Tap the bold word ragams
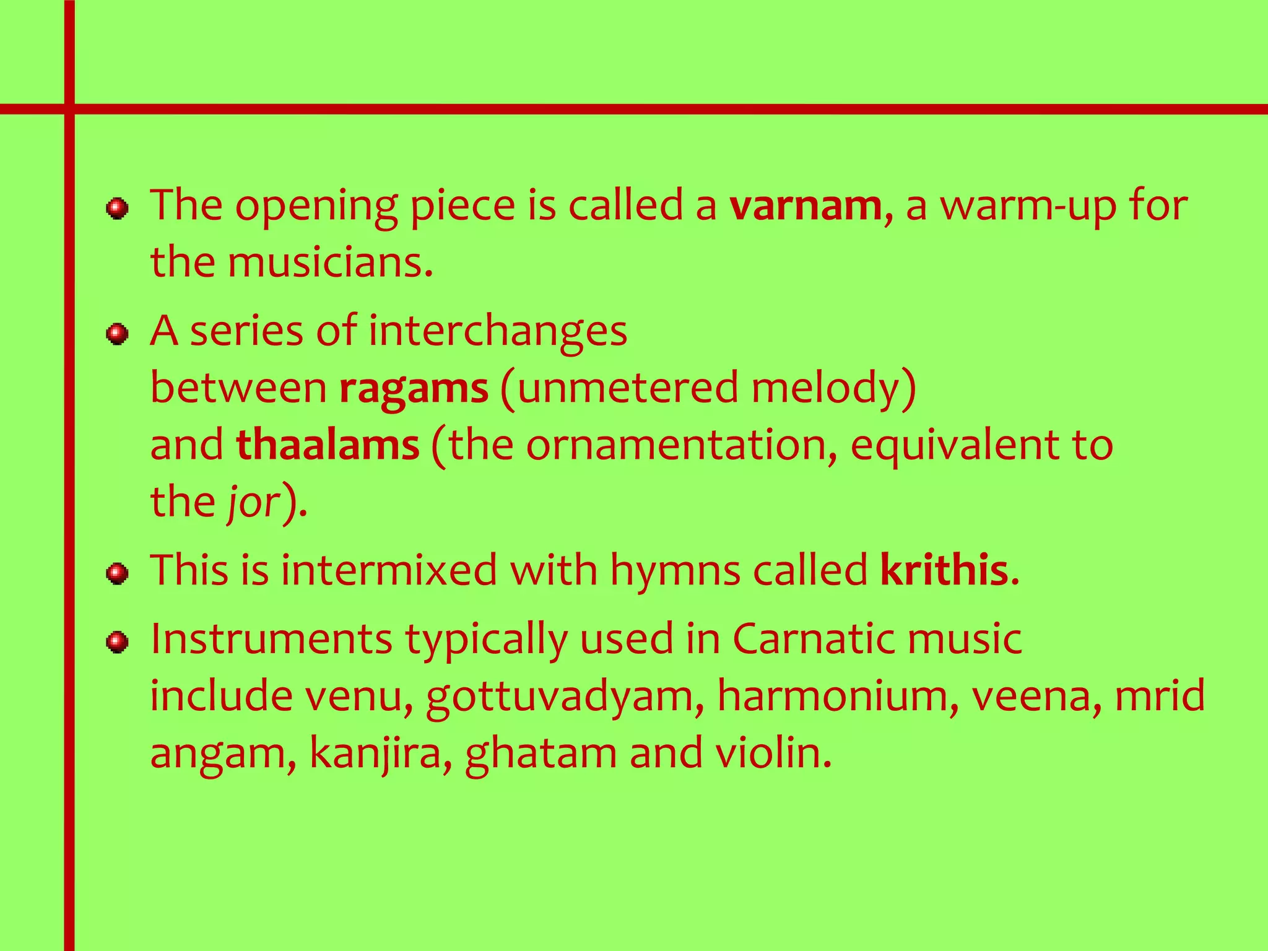(414, 388)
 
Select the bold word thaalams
(328, 445)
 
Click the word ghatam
(541, 754)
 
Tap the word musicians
(328, 263)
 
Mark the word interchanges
(498, 332)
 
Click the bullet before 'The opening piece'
(117, 209)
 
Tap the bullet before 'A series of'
(117, 334)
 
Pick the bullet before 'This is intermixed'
(117, 573)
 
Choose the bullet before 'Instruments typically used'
(117, 642)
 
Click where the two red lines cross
(69, 110)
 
